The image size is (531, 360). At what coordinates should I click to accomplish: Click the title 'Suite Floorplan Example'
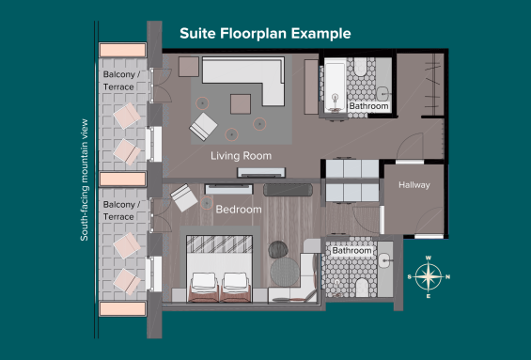click(265, 34)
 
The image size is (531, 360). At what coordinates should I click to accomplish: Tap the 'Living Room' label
click(242, 156)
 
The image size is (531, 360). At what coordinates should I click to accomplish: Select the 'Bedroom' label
click(239, 210)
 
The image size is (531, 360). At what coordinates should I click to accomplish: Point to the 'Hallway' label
click(414, 185)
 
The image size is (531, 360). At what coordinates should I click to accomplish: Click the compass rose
click(429, 276)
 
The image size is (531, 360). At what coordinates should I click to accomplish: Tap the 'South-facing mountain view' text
click(84, 180)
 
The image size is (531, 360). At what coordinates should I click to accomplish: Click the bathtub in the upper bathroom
click(335, 86)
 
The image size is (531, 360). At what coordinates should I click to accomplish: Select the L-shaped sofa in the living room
click(243, 81)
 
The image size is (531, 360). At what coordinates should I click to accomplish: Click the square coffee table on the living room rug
click(241, 104)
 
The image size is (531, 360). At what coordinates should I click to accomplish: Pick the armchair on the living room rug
click(203, 127)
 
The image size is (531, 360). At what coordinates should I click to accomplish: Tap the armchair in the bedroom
click(183, 197)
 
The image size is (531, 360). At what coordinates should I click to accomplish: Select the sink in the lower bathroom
click(385, 260)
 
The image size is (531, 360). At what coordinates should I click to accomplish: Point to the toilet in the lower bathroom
click(362, 288)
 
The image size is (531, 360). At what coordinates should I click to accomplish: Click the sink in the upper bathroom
click(383, 93)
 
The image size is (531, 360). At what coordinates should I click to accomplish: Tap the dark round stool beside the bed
click(278, 250)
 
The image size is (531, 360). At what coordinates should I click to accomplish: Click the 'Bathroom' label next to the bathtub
click(368, 106)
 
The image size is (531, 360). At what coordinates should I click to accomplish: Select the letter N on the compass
click(447, 277)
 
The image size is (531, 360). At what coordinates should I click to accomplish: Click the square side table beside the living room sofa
click(189, 67)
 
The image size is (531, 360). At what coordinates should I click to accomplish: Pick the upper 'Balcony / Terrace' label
click(121, 81)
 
